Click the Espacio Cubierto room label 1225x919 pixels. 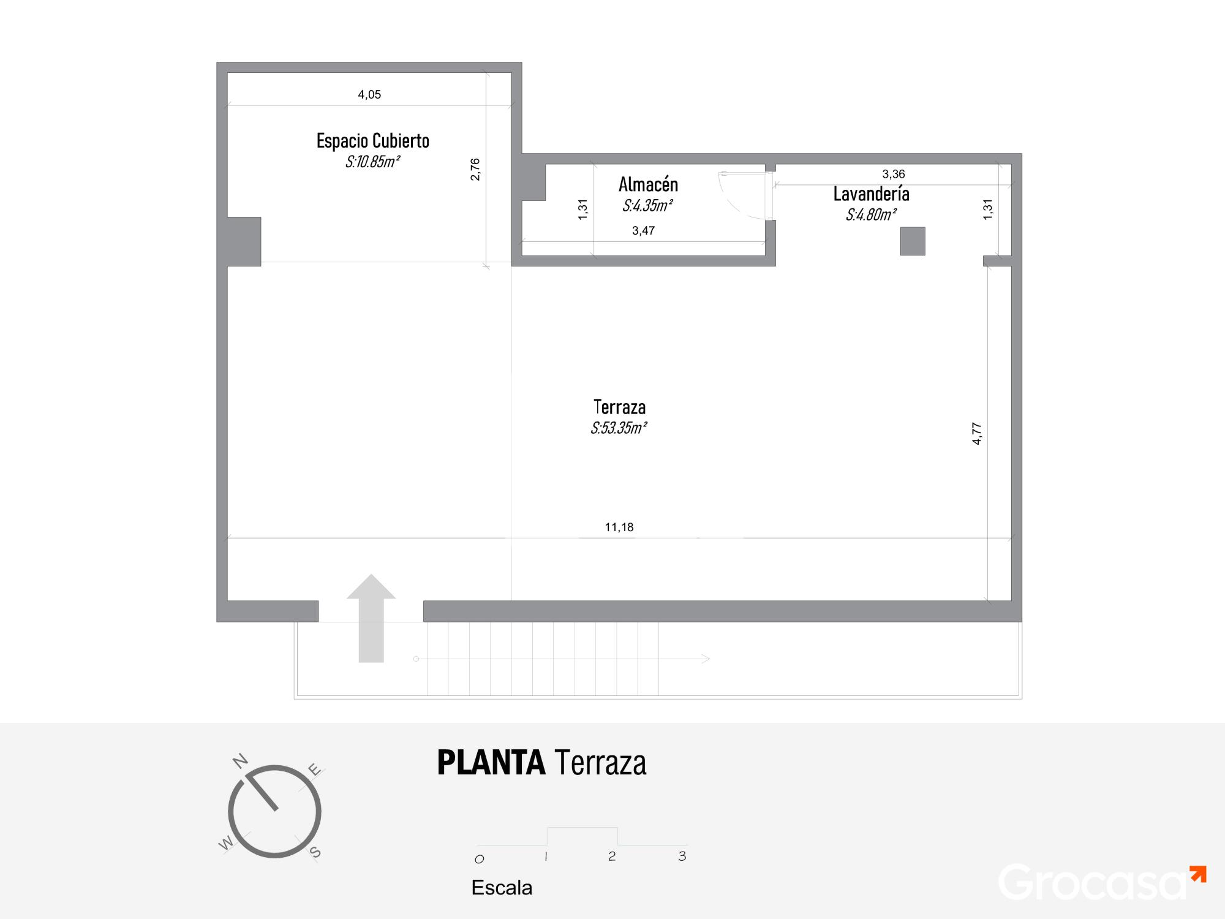[x=372, y=141]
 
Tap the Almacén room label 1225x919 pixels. [x=648, y=184]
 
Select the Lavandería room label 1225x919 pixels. [x=871, y=194]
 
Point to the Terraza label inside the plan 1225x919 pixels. [x=619, y=407]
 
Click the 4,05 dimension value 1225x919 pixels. [x=369, y=94]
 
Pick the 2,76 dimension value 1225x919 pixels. [x=475, y=169]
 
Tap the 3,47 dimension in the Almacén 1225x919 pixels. [x=643, y=230]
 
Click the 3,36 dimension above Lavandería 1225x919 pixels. [x=894, y=174]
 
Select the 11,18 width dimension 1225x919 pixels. [x=619, y=527]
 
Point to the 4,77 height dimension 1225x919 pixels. [x=977, y=434]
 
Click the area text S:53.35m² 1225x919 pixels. [x=619, y=428]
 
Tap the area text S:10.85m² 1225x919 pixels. [x=372, y=162]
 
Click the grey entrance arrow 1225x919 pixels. [x=371, y=619]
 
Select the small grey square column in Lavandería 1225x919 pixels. [x=913, y=241]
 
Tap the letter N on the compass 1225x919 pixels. [x=240, y=761]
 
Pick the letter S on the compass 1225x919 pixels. [x=315, y=852]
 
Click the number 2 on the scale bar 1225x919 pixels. [x=612, y=856]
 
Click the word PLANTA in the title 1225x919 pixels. [x=491, y=763]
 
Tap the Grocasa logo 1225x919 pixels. [x=1102, y=882]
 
